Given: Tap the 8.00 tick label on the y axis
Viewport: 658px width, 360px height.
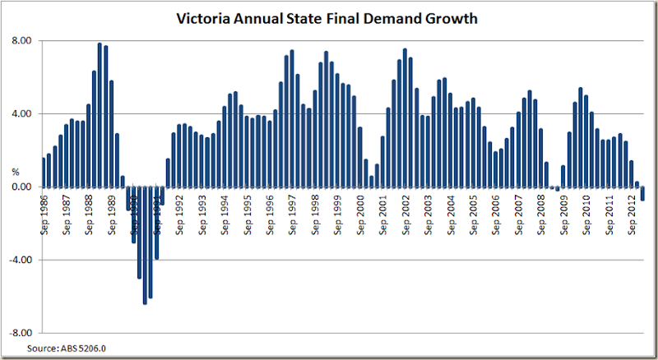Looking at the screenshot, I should pyautogui.click(x=21, y=41).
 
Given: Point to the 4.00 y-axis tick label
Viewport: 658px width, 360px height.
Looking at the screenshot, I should pyautogui.click(x=21, y=114).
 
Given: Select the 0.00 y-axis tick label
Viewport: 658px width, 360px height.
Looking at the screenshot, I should pyautogui.click(x=21, y=187).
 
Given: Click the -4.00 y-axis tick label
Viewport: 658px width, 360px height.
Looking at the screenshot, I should pyautogui.click(x=19, y=260).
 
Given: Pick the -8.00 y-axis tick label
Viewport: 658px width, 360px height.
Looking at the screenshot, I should pyautogui.click(x=19, y=333).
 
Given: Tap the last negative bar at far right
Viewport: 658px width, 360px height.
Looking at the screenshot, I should pyautogui.click(x=642, y=194).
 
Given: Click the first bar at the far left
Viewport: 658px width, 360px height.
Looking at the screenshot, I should pyautogui.click(x=44, y=172).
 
